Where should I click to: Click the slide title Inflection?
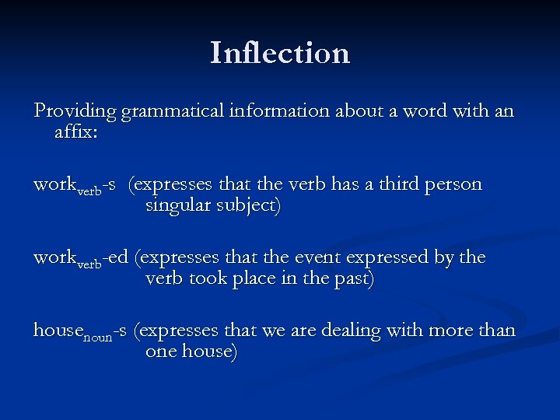coord(280,53)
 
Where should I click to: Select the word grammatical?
coord(169,112)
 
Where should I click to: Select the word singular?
coord(178,207)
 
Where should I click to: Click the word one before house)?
coord(160,352)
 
